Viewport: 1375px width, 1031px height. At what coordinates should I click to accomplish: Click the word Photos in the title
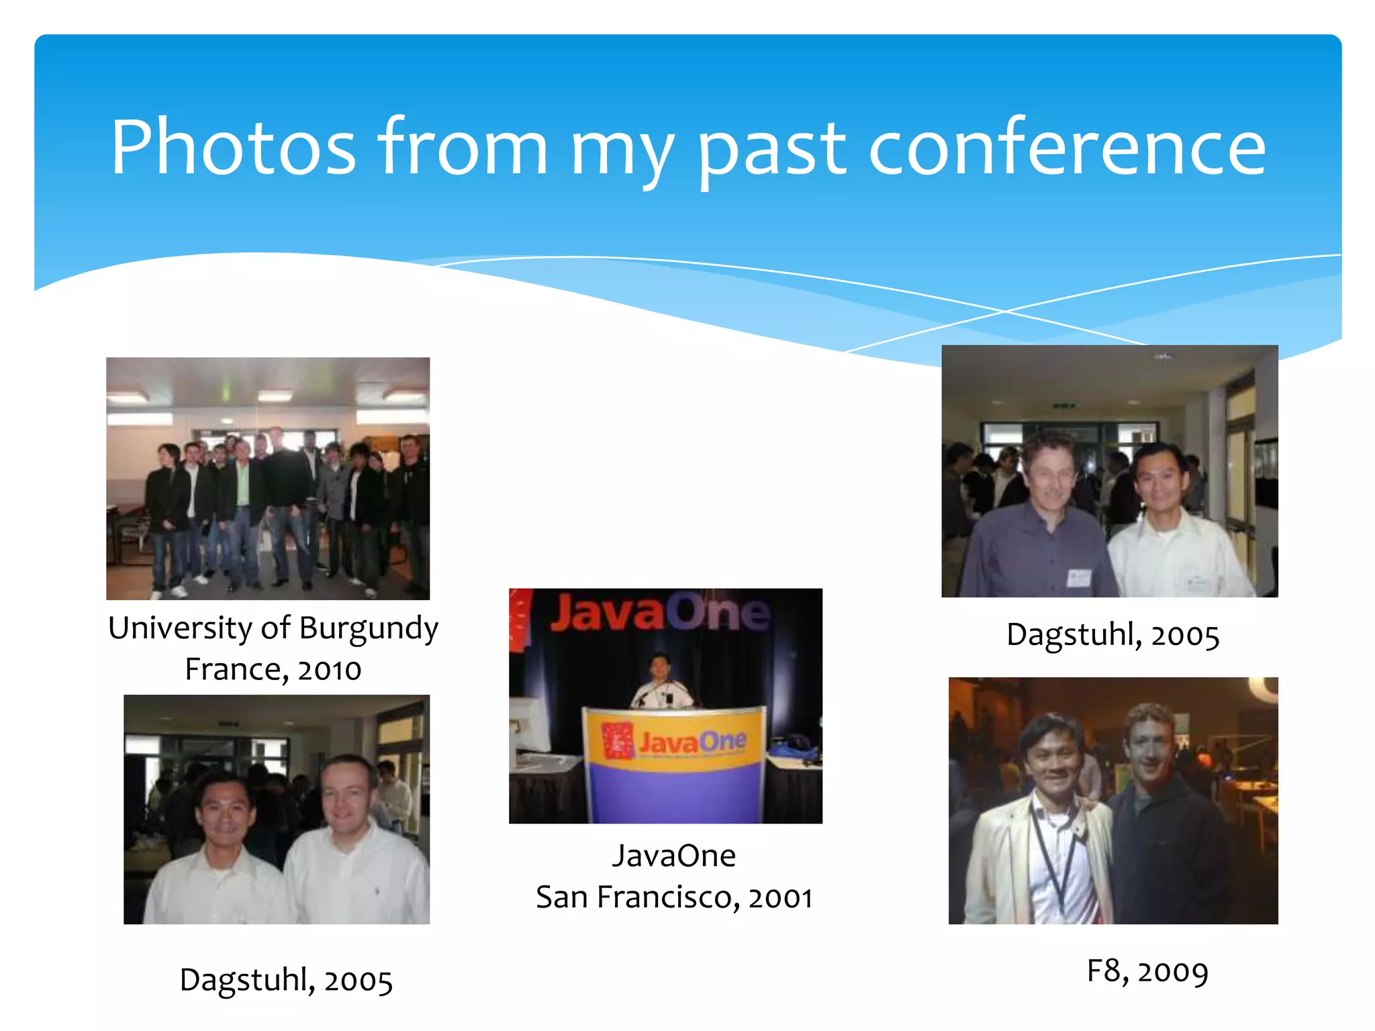tap(232, 148)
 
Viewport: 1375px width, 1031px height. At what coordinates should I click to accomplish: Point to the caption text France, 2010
tap(273, 670)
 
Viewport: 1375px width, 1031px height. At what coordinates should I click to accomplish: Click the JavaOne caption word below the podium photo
tap(673, 856)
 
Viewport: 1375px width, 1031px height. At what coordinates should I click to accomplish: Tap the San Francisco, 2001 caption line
tap(674, 897)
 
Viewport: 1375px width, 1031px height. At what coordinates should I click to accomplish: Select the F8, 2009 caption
tap(1147, 971)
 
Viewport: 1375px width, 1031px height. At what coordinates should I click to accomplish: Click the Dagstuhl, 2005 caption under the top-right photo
tap(1112, 635)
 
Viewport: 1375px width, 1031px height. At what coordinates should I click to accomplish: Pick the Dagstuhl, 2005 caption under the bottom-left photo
tap(286, 980)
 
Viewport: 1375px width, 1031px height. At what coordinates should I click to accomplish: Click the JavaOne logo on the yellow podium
tap(674, 742)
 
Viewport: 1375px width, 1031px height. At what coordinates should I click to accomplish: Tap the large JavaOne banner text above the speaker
tap(659, 611)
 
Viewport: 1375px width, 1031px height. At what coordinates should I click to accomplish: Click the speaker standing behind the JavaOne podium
tap(661, 683)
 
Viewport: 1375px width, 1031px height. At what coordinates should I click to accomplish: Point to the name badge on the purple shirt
tap(1078, 577)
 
